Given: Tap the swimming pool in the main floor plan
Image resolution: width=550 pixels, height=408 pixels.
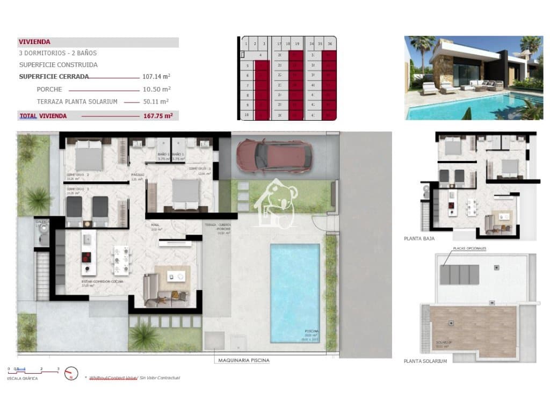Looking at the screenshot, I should point(295,293).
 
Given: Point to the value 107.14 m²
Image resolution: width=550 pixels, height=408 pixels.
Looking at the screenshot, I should point(156,76).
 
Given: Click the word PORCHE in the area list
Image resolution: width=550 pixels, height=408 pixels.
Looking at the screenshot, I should point(49,89).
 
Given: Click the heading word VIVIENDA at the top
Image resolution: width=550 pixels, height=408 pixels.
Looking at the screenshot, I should point(34,42).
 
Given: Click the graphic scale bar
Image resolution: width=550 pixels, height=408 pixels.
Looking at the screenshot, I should point(33,370).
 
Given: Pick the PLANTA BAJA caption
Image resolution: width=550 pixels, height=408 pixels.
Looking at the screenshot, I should point(419,238).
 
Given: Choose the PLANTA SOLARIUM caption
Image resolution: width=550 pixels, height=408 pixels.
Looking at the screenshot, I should point(425,361).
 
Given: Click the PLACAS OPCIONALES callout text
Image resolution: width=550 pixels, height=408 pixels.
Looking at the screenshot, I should point(469,249).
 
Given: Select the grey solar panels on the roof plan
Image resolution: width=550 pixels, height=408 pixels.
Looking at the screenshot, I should point(460,274).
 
